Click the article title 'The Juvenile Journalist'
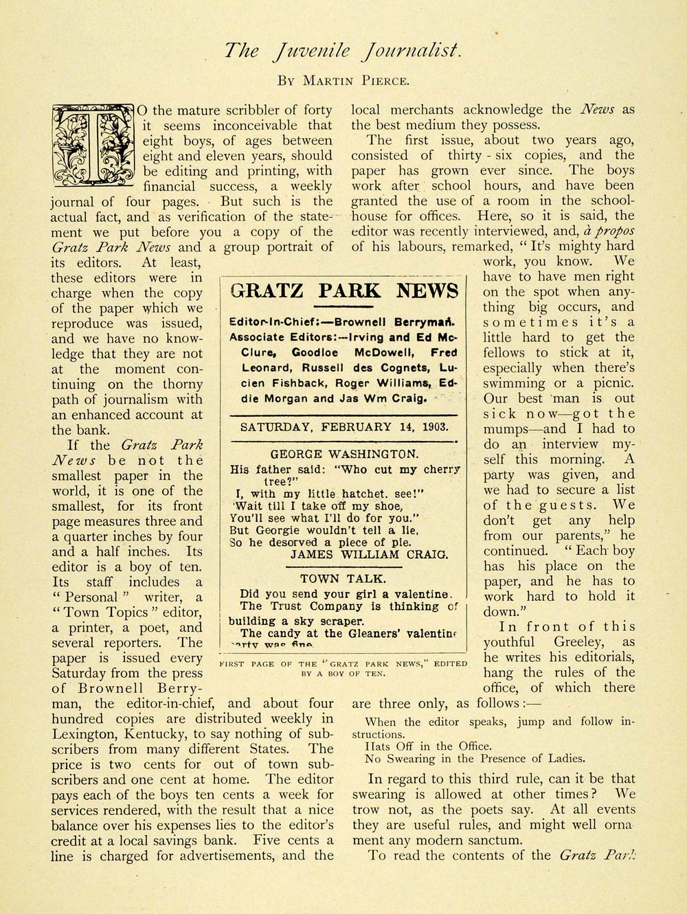click(x=343, y=51)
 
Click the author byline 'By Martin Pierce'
click(x=343, y=80)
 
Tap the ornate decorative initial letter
click(x=92, y=146)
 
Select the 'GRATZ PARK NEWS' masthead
click(x=344, y=290)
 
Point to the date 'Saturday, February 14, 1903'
click(x=343, y=426)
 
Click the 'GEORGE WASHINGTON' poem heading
click(x=343, y=454)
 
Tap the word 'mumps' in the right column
click(x=508, y=429)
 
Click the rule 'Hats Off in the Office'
click(x=429, y=746)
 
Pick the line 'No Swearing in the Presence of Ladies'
click(x=475, y=759)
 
